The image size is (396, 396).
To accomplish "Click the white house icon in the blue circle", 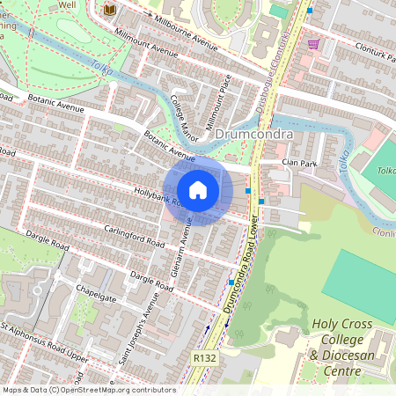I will (x=198, y=189).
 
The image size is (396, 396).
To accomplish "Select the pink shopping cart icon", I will (x=313, y=43).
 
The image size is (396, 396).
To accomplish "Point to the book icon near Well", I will (x=110, y=10).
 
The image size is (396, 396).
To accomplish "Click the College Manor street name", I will (x=184, y=118).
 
